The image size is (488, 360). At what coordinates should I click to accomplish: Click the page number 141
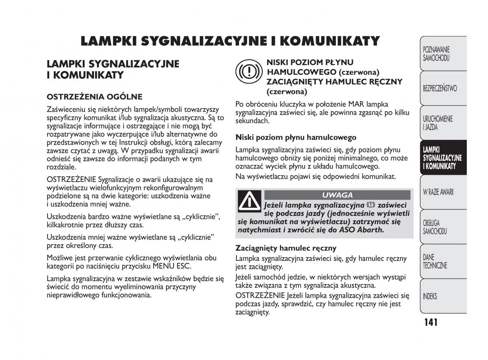point(430,322)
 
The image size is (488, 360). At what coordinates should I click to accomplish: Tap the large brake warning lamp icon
point(247,72)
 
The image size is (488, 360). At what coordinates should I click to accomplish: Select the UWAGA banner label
point(337,195)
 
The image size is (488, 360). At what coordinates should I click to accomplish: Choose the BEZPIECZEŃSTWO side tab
point(440,88)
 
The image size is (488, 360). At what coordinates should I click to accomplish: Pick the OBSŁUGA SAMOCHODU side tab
point(435,227)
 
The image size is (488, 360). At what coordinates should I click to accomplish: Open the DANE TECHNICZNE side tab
point(435,261)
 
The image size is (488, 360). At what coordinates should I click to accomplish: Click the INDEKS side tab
point(430,296)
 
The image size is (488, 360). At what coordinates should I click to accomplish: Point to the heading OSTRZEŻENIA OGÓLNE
point(94,97)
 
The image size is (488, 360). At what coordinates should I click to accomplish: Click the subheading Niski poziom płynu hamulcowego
point(296,137)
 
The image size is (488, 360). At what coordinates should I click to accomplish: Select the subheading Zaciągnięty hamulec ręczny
point(286,248)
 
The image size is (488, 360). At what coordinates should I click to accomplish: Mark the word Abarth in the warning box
point(370,230)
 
